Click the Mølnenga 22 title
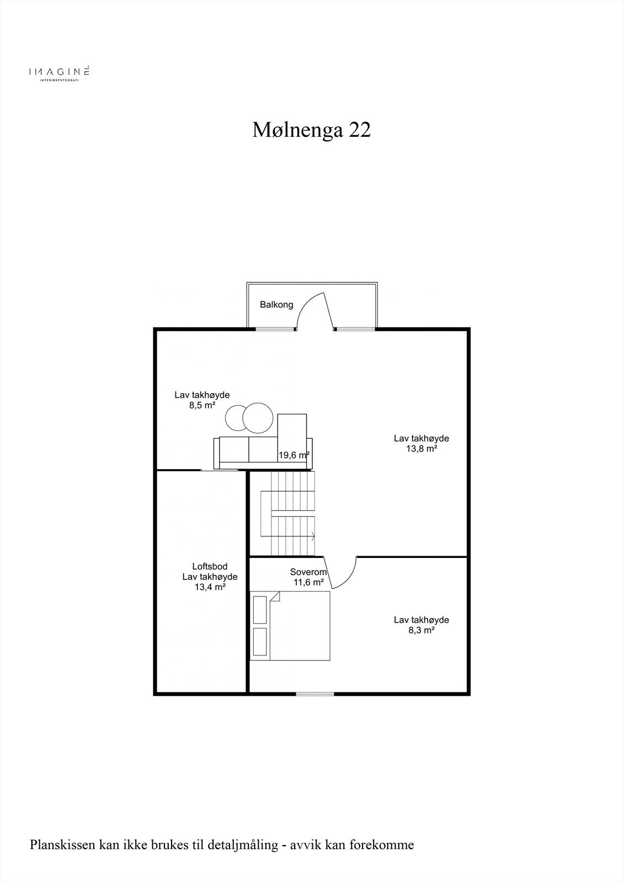312,130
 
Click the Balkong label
276,305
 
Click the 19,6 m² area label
294,455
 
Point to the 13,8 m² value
421,449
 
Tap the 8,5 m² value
202,405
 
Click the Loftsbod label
210,566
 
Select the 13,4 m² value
210,587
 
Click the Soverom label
308,572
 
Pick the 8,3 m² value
421,630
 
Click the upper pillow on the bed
259,609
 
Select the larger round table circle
258,418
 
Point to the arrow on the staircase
312,535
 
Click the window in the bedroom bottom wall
314,693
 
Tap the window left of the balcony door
275,329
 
